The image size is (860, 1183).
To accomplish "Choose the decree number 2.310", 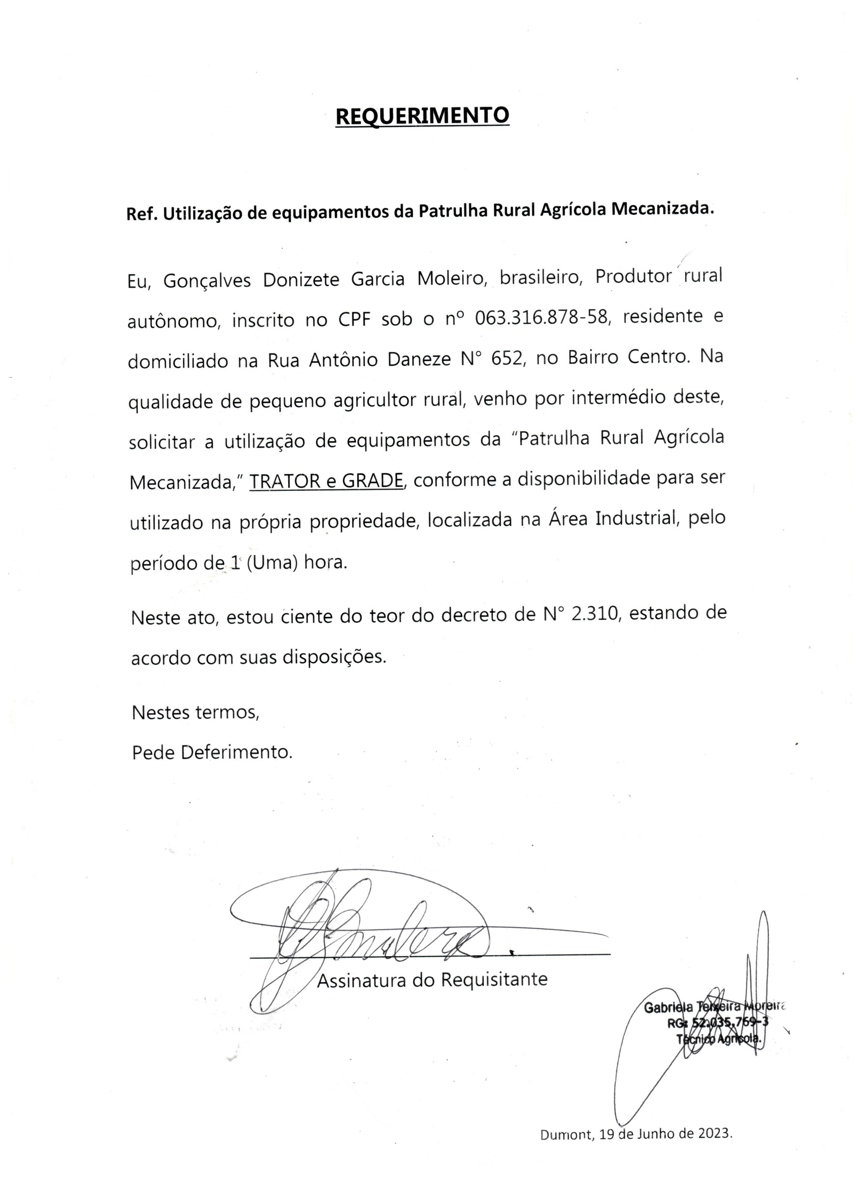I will (x=595, y=614).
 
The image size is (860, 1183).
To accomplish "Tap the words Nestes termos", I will (x=196, y=712).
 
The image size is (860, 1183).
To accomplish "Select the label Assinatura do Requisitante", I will (x=432, y=980).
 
